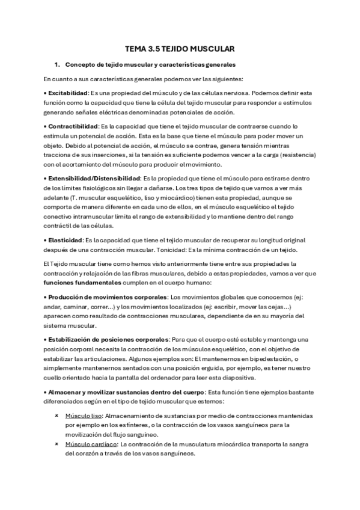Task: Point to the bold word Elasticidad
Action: pos(65,240)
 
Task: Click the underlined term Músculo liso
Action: pos(83,416)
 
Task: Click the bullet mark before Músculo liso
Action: pos(56,416)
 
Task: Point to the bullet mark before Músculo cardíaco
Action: pos(56,444)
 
